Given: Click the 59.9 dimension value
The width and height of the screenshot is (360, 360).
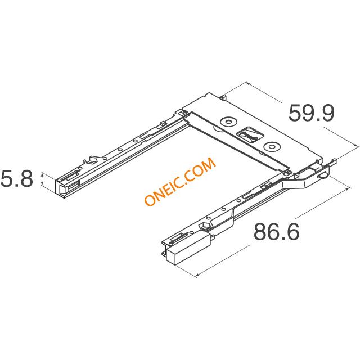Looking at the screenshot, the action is (311, 113).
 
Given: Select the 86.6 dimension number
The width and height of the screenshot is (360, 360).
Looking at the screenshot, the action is (276, 231).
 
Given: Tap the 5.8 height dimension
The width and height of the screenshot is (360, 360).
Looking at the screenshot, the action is (17, 179).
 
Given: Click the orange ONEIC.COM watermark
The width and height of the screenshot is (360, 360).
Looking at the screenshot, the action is (180, 181).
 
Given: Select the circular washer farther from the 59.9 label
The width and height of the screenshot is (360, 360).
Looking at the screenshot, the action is (228, 121).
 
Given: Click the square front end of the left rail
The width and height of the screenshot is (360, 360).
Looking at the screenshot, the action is (61, 188).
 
